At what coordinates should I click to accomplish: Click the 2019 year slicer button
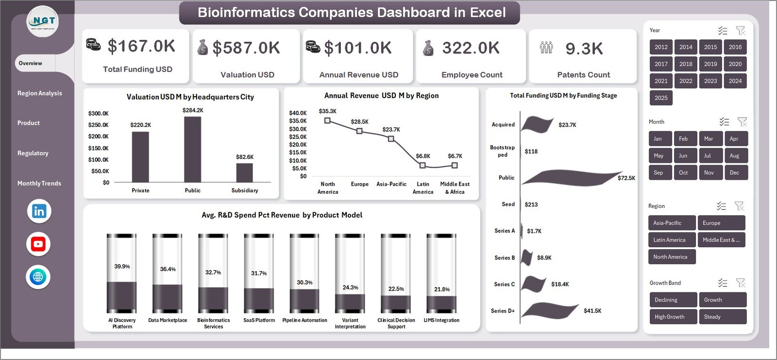[710, 64]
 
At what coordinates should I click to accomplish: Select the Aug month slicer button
[734, 156]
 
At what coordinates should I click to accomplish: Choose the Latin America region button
[671, 240]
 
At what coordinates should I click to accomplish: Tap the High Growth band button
[673, 317]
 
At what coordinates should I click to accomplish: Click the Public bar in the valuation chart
[192, 150]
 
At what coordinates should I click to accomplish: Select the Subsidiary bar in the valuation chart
[244, 172]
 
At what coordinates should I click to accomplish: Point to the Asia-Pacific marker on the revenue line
[391, 139]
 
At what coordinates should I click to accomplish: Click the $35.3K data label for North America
[328, 111]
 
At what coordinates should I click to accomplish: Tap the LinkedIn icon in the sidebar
[39, 211]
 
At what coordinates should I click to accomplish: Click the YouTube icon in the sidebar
[38, 244]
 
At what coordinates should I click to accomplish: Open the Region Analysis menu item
[40, 93]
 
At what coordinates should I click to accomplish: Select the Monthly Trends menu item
[39, 183]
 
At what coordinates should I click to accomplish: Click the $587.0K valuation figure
[246, 48]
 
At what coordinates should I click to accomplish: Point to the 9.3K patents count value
[584, 49]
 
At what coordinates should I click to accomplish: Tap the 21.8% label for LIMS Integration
[441, 289]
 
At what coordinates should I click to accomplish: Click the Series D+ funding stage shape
[549, 310]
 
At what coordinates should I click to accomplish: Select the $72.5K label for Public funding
[626, 178]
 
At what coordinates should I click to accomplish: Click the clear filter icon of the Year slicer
[741, 31]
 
